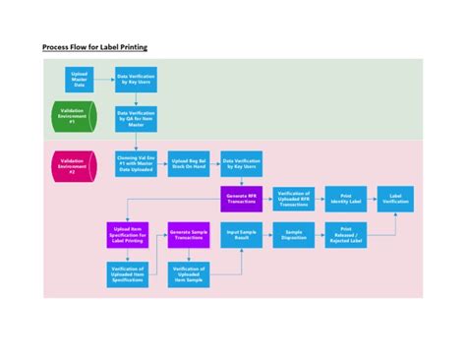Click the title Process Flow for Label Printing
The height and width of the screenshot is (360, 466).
pyautogui.click(x=94, y=46)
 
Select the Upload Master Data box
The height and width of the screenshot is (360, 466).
pyautogui.click(x=80, y=80)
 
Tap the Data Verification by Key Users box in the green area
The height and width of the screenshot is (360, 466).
pyautogui.click(x=137, y=80)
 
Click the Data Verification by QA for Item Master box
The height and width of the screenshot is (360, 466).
pyautogui.click(x=137, y=119)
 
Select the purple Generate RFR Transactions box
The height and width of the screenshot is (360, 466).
pyautogui.click(x=241, y=198)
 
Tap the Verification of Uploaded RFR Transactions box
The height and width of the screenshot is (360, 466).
pyautogui.click(x=293, y=198)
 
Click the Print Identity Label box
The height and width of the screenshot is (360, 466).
pyautogui.click(x=346, y=198)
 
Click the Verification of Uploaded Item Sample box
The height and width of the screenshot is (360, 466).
pyautogui.click(x=188, y=275)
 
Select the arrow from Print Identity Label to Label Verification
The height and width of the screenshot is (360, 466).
pyautogui.click(x=373, y=198)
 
